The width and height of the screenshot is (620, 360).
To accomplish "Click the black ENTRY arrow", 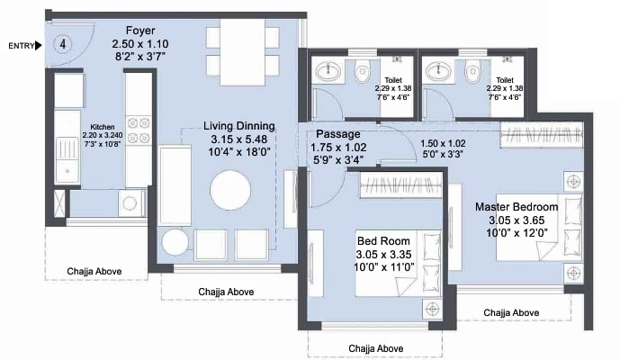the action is point(39,46).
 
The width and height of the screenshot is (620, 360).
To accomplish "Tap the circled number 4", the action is point(62,43).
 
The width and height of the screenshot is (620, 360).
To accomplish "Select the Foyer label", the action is point(140,31).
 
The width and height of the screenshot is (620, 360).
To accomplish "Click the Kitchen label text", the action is point(103,127).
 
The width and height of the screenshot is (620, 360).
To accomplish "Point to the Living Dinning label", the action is point(239,126).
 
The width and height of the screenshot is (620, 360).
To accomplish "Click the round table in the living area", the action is point(230,190).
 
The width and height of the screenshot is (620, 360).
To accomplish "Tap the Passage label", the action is point(338,134).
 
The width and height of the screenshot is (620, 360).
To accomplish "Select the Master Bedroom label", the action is point(517,207).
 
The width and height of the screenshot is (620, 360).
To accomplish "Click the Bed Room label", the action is point(383,241).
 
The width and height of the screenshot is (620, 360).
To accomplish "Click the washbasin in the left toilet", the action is point(328,71).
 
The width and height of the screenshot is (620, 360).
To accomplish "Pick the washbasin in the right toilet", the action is point(438,71).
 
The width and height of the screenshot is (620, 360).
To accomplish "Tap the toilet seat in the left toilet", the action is point(362,71).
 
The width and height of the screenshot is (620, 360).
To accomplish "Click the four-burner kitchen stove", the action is point(139,130).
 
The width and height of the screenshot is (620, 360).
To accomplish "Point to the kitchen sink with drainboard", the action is point(67,160).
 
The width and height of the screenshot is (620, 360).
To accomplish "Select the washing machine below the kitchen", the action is point(130,202).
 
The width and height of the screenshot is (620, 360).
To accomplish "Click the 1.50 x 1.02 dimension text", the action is point(443,144).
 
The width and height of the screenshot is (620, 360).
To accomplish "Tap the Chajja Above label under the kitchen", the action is point(94,272).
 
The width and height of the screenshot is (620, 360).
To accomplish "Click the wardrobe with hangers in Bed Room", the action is point(400,184).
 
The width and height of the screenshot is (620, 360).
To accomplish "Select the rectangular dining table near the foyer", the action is point(242,52).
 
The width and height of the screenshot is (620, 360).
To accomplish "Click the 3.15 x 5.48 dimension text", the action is point(239,139).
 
